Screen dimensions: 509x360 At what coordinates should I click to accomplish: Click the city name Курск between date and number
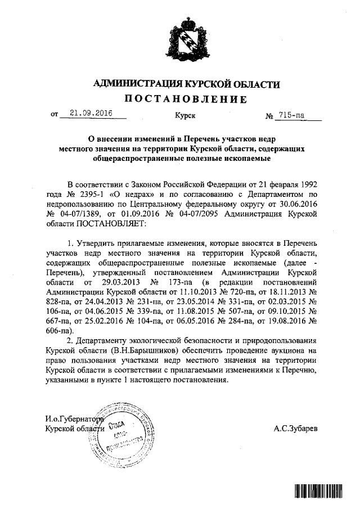coord(185,115)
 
